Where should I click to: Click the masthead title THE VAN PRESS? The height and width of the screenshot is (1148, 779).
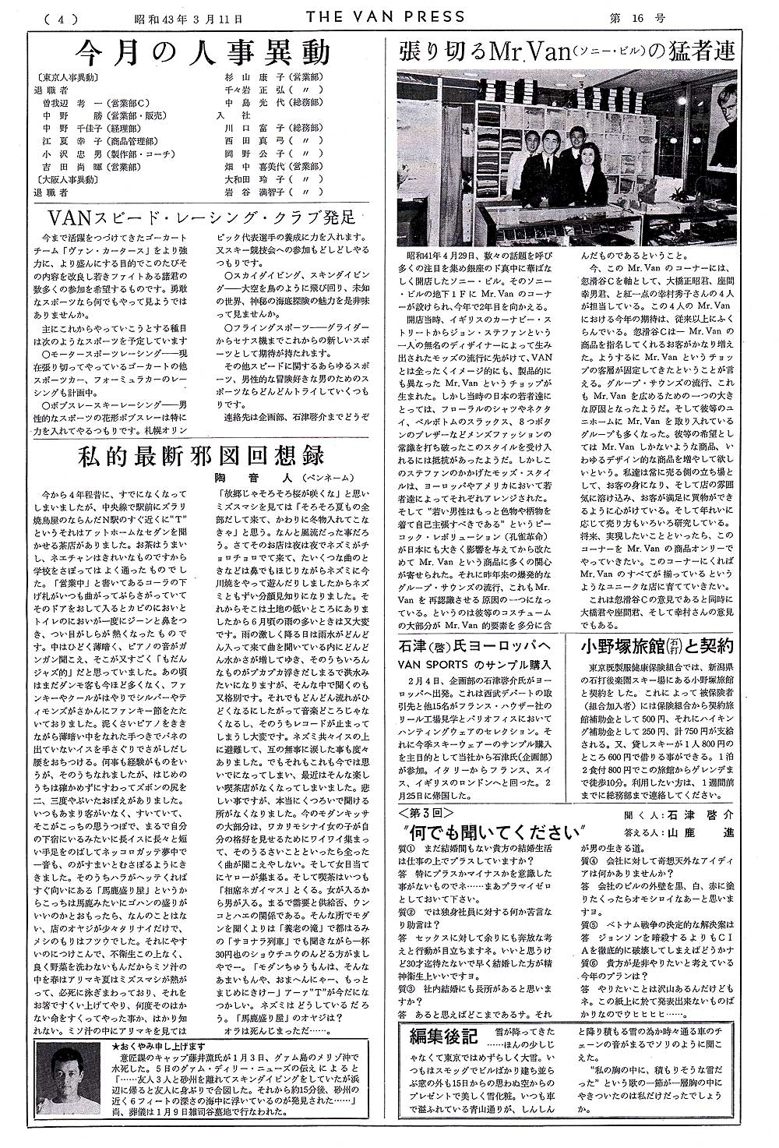coord(386,16)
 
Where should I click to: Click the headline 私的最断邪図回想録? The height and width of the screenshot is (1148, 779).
coord(200,456)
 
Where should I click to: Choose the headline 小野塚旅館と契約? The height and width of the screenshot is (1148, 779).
coord(658,646)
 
